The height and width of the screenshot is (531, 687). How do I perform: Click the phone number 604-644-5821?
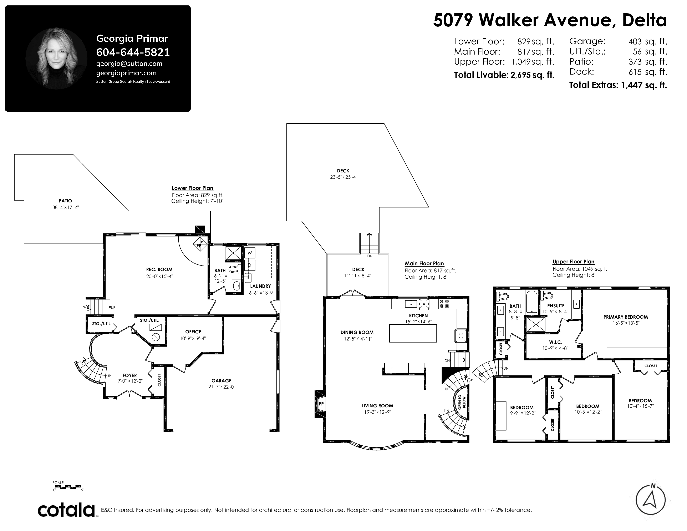click(x=133, y=52)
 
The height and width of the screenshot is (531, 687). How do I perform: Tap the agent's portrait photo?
click(x=56, y=59)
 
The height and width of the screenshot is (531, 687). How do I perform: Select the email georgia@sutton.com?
click(x=129, y=64)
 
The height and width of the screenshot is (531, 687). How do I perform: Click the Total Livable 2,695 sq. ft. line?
click(x=504, y=75)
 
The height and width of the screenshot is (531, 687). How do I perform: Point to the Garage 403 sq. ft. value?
click(x=648, y=41)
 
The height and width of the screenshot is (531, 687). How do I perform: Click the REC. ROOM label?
click(x=159, y=270)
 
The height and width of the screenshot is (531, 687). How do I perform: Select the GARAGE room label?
click(x=222, y=381)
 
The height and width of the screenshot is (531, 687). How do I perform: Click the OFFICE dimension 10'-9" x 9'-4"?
click(x=193, y=338)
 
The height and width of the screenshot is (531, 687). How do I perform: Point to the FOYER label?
click(x=130, y=375)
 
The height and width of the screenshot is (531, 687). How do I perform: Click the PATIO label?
click(x=65, y=201)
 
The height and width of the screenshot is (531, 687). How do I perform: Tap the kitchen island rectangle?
click(x=413, y=333)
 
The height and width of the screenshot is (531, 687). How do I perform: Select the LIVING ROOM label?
click(x=377, y=406)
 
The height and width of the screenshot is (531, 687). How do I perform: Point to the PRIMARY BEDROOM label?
click(x=626, y=317)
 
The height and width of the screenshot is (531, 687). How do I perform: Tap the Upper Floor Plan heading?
click(x=574, y=262)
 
